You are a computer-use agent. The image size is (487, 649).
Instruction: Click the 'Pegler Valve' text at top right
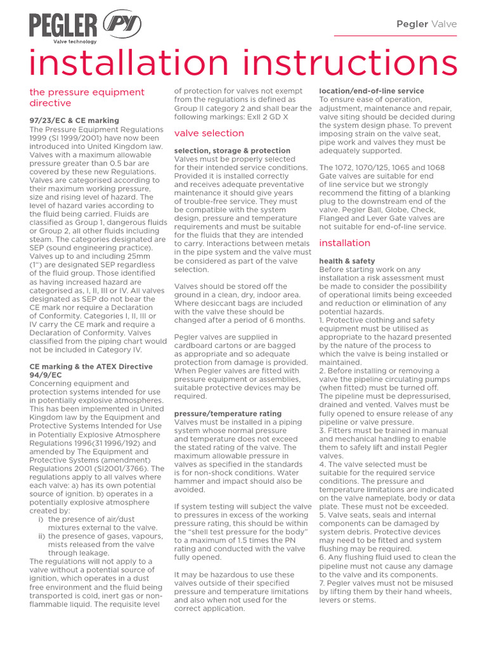click(426, 24)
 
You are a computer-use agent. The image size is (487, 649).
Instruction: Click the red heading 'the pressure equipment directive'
click(87, 98)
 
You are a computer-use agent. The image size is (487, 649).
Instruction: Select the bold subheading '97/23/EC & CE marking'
click(74, 120)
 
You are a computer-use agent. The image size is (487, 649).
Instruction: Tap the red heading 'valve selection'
click(209, 133)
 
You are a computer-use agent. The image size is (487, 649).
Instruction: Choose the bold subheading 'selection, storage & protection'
click(232, 151)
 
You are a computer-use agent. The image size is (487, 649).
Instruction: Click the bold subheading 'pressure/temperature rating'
click(228, 413)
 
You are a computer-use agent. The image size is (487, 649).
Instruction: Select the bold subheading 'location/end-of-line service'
click(371, 91)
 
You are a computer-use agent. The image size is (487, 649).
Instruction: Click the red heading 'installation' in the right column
click(344, 243)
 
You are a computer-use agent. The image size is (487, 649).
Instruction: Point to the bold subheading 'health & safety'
click(347, 261)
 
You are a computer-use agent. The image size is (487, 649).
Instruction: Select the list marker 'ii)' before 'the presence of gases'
click(42, 536)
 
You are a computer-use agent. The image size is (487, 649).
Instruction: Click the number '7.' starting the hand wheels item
click(322, 583)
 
